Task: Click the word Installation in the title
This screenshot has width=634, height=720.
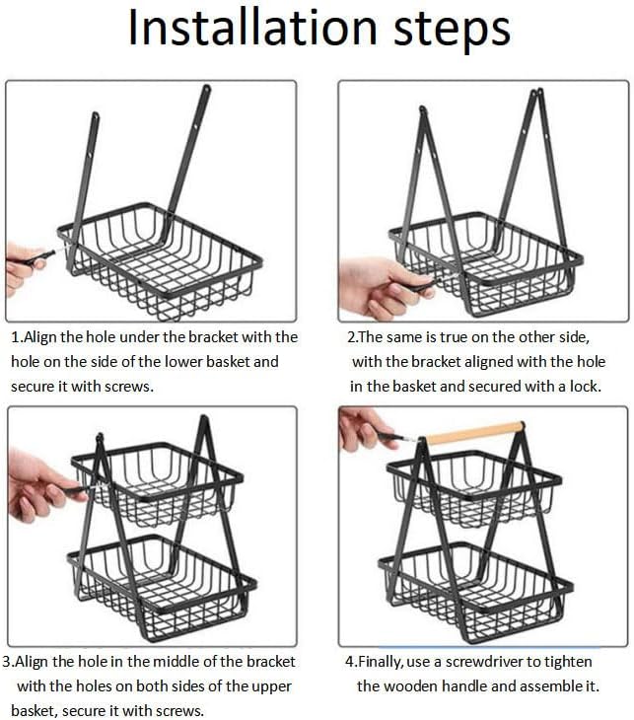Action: click(x=252, y=28)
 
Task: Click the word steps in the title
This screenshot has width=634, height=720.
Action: click(x=453, y=31)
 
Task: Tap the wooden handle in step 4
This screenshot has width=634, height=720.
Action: click(x=474, y=433)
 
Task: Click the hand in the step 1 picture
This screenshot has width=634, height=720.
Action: click(x=24, y=268)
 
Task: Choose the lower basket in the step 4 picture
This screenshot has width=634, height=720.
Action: click(x=475, y=592)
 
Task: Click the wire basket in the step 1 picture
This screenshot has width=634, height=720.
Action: click(x=160, y=260)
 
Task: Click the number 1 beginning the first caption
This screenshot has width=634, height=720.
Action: click(x=16, y=337)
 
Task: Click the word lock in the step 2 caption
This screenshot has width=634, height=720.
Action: click(x=585, y=387)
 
